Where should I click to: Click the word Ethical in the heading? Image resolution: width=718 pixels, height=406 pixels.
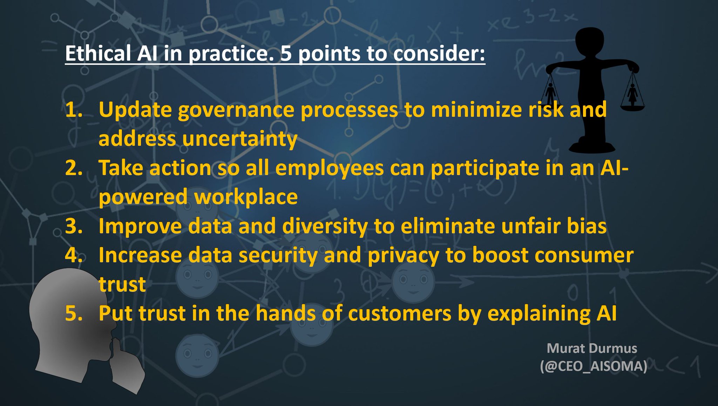98,54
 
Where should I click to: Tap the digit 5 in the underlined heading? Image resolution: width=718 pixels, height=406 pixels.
286,54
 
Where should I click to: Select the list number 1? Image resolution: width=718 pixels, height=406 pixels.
73,110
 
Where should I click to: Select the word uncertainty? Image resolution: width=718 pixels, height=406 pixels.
239,139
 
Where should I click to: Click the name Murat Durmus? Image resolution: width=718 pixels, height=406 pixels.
592,349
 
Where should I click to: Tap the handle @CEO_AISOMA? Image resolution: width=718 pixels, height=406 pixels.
593,366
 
